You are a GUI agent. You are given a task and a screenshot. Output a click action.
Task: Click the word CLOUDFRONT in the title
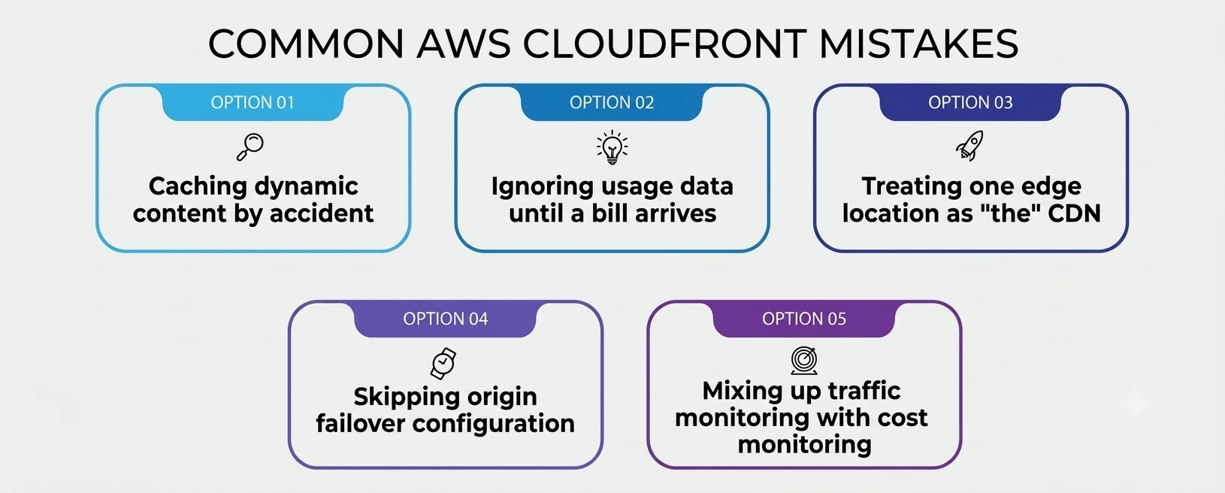pyautogui.click(x=664, y=44)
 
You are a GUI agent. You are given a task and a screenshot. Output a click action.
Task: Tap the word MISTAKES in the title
pyautogui.click(x=918, y=44)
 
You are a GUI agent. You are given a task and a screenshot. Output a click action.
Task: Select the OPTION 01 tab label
pyautogui.click(x=253, y=102)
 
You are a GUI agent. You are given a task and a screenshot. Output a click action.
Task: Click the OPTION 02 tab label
pyautogui.click(x=612, y=102)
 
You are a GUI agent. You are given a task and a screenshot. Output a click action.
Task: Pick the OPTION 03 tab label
pyautogui.click(x=970, y=102)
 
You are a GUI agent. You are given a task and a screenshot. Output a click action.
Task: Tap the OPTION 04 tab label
pyautogui.click(x=445, y=319)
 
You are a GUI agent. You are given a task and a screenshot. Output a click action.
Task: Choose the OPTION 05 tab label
pyautogui.click(x=804, y=319)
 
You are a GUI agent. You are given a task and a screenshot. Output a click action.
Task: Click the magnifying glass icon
pyautogui.click(x=250, y=147)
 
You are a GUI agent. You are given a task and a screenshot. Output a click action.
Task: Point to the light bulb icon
pyautogui.click(x=612, y=147)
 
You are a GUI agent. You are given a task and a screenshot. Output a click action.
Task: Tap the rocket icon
pyautogui.click(x=969, y=146)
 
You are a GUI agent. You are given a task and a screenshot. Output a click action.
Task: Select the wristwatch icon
pyautogui.click(x=443, y=363)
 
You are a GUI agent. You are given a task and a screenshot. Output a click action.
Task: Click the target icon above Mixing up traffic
pyautogui.click(x=804, y=360)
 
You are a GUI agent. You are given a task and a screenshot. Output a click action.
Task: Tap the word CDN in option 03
pyautogui.click(x=1074, y=213)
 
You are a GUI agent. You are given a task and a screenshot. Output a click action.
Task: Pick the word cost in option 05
pyautogui.click(x=903, y=419)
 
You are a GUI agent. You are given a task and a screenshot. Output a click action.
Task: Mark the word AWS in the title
pyautogui.click(x=464, y=44)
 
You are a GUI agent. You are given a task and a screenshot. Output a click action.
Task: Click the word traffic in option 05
pyautogui.click(x=864, y=391)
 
